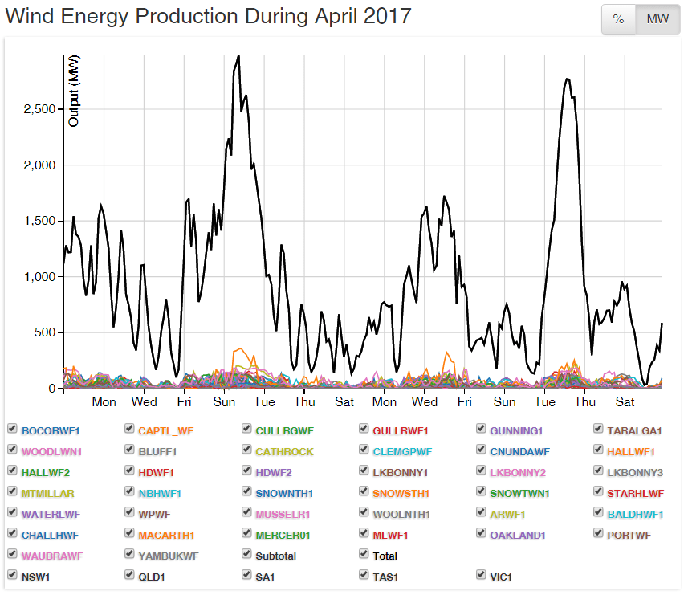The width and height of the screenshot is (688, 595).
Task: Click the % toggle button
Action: coord(618,19)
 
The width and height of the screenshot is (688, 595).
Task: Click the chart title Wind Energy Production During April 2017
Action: coord(209,16)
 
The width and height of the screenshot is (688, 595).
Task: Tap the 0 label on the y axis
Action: coord(52,389)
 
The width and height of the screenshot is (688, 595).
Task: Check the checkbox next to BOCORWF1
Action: coord(12,430)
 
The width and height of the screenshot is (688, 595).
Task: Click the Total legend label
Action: coord(385,556)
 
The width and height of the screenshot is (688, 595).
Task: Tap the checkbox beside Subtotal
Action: coord(247,555)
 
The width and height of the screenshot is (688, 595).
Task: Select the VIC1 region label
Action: coord(501,577)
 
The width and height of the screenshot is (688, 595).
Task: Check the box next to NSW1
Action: coord(12,576)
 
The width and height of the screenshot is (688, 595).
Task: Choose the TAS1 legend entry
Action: coord(385,577)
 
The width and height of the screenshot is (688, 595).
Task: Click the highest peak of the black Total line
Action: coord(238,56)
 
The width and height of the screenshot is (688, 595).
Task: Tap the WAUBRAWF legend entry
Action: coord(53,556)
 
